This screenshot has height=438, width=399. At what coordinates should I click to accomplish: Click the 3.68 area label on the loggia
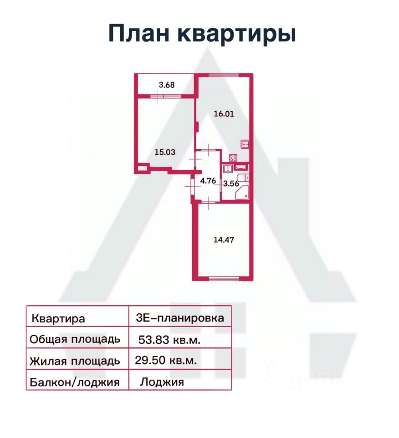point(167,85)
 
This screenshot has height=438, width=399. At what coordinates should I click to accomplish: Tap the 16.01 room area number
point(224,114)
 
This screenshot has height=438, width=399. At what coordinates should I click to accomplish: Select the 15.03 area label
point(165,152)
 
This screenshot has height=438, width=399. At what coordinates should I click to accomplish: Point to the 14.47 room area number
point(224,240)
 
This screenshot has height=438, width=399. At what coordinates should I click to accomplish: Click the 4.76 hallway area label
point(208,181)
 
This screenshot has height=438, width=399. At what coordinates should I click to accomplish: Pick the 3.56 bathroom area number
point(231,183)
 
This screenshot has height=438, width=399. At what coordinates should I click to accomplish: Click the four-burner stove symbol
point(233,158)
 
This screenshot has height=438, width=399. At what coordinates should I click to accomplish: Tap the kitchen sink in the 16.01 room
point(245,144)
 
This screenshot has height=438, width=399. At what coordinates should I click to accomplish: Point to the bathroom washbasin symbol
point(228,169)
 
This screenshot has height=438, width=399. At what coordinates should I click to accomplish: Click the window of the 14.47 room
point(224,278)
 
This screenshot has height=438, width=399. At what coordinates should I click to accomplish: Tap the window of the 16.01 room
point(224,75)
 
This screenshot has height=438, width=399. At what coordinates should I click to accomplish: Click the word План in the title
point(138,33)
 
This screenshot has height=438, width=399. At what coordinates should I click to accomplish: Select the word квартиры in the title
point(236,35)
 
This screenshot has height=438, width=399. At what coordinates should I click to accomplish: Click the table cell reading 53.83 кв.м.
point(180,337)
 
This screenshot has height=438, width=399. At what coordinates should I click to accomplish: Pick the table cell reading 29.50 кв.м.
point(180,359)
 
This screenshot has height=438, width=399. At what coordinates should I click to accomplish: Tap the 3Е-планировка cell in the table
point(180,316)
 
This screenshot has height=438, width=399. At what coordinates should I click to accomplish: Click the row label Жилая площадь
point(75,361)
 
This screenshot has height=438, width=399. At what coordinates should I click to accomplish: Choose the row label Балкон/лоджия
point(74,382)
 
